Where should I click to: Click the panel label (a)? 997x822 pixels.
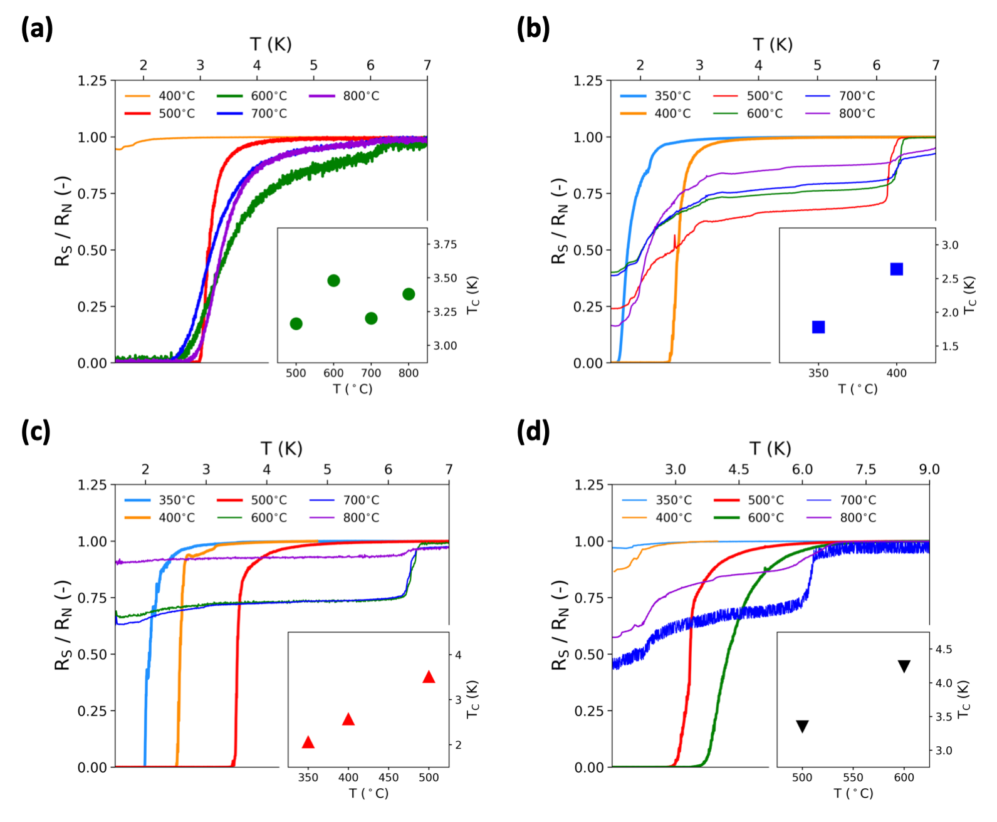(x=36, y=29)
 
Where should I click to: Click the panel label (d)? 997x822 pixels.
(x=533, y=432)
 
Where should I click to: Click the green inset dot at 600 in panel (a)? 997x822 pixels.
(x=333, y=280)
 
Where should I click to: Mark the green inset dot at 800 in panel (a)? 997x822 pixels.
(x=409, y=294)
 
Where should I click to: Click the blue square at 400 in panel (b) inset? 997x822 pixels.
(x=896, y=269)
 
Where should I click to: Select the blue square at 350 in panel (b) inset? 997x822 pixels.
(x=818, y=327)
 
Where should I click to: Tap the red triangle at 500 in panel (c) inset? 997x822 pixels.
(x=429, y=677)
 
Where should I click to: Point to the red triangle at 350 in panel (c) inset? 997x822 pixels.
(x=308, y=742)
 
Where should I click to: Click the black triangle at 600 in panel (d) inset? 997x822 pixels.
(x=904, y=666)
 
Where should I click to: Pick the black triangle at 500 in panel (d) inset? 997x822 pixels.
(x=802, y=726)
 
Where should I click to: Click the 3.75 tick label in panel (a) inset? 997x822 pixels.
(x=445, y=244)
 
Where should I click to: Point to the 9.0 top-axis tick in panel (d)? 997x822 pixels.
(x=929, y=469)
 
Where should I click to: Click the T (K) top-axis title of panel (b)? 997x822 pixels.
(x=773, y=44)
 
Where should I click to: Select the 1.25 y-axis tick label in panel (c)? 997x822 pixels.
(x=92, y=484)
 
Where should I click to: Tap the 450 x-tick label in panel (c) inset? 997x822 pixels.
(x=389, y=778)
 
